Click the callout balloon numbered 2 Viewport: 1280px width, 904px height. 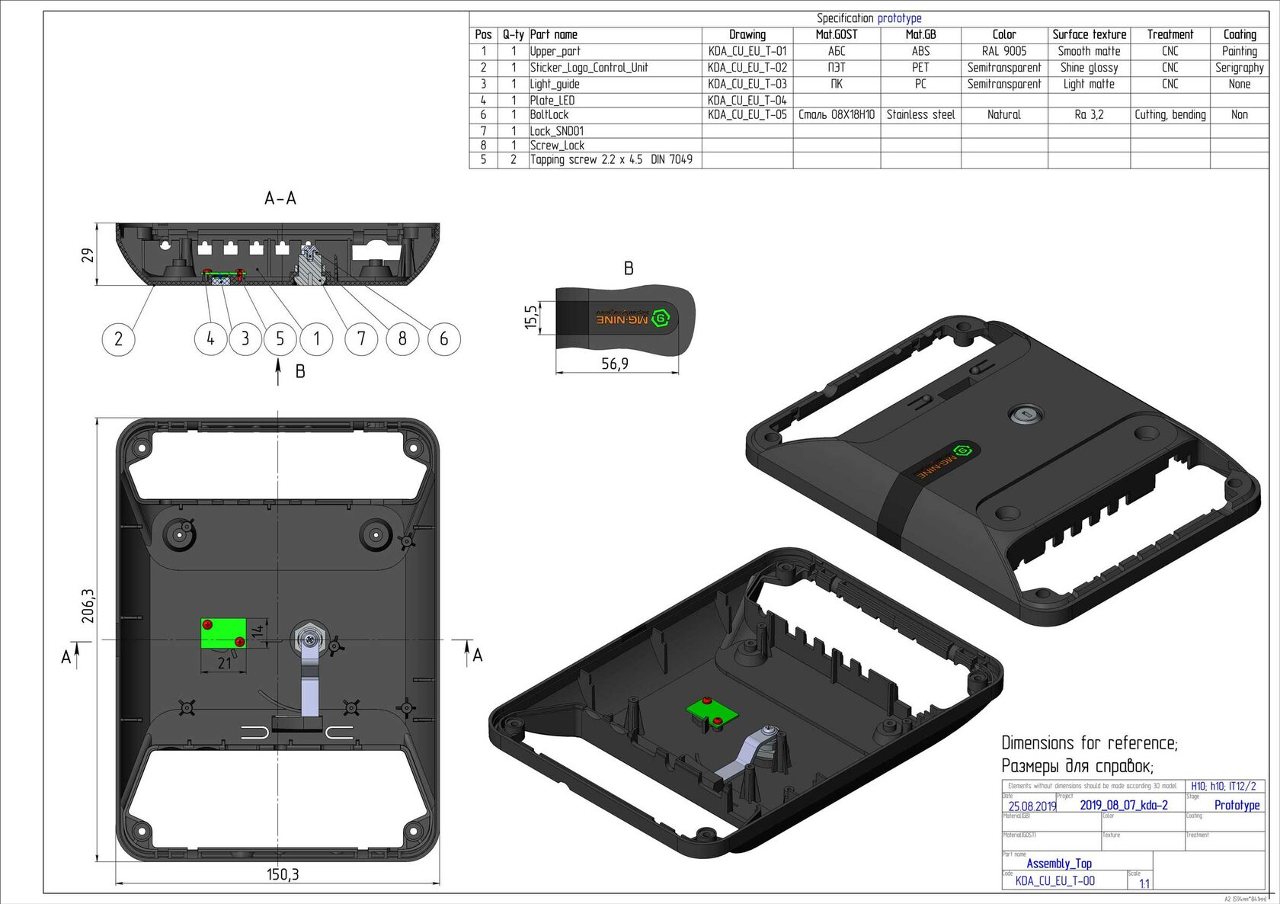coord(118,339)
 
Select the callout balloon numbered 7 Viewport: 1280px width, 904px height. coord(361,339)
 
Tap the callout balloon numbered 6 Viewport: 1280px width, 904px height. coord(444,339)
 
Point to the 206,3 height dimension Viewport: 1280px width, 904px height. coord(88,605)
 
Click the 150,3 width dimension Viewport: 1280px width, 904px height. coord(283,874)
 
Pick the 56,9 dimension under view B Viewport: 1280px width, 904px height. coord(615,364)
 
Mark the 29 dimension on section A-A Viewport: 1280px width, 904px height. coord(88,255)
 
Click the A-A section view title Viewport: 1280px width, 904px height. coord(280,199)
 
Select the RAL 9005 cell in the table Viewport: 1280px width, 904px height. coord(1003,51)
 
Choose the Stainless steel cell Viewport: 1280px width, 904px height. coord(920,114)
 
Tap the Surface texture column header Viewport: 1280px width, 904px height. coord(1089,34)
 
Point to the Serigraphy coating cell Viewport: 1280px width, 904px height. coord(1239,67)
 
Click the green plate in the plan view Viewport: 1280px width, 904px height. coord(223,633)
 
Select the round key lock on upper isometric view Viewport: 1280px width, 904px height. coord(1022,415)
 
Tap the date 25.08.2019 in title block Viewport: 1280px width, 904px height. coord(1032,806)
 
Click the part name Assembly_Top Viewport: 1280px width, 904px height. coord(1059,864)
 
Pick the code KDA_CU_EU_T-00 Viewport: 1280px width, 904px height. coord(1055,880)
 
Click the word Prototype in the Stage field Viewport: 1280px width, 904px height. coord(1237,805)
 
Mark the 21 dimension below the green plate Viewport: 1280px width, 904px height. coord(224,663)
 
